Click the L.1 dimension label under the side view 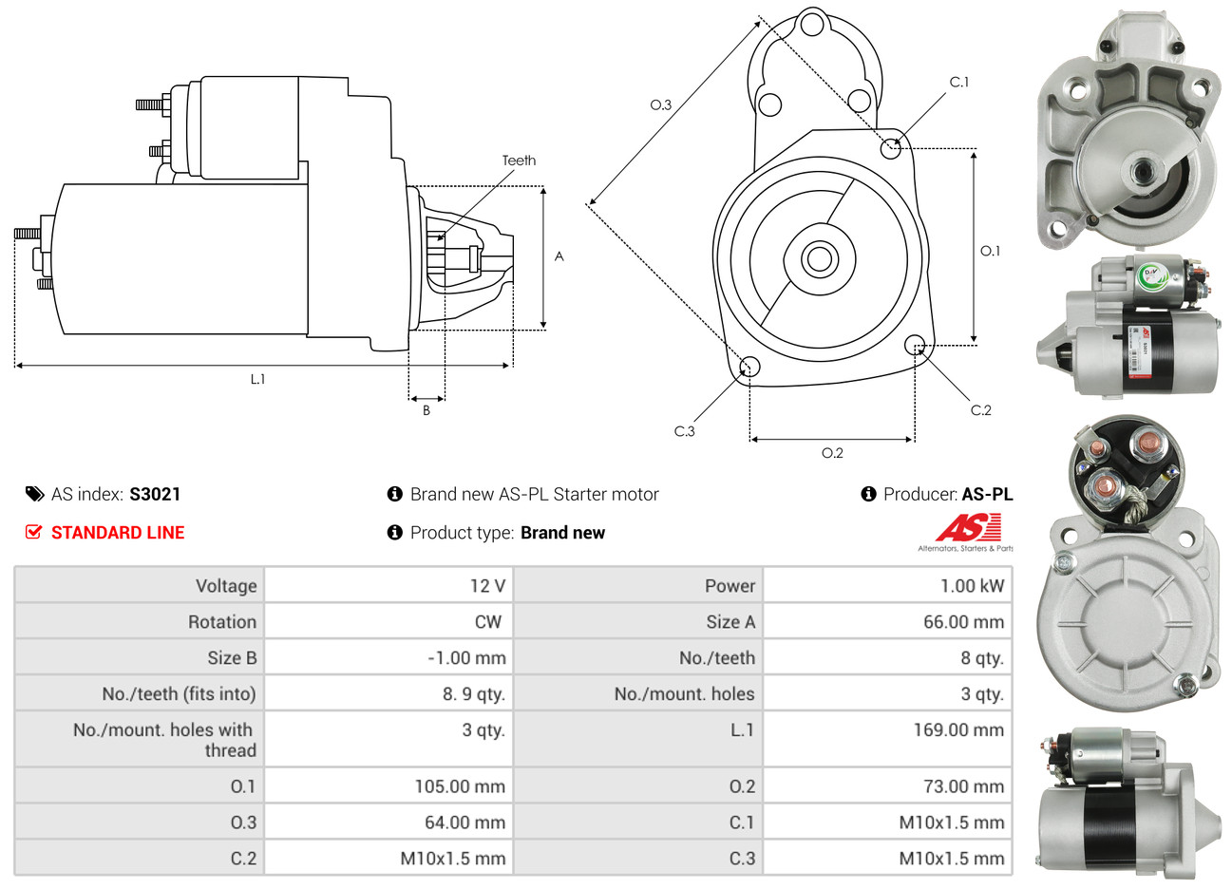tap(257, 379)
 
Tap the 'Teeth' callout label tap(519, 161)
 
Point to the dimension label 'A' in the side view tap(559, 256)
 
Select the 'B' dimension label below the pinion tap(426, 410)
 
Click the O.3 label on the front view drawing tap(660, 105)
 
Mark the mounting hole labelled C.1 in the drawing tap(890, 148)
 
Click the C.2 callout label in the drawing tap(980, 410)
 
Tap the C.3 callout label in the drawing tap(684, 431)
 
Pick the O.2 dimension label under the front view tap(832, 453)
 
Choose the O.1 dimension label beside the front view tap(990, 251)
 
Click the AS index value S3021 tap(155, 494)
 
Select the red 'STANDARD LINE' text tap(118, 533)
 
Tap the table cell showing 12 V tap(487, 586)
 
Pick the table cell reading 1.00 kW tap(972, 586)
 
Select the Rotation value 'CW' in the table tap(488, 622)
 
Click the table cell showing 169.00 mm tap(963, 730)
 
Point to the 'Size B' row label tap(232, 658)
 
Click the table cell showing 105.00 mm tap(460, 786)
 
